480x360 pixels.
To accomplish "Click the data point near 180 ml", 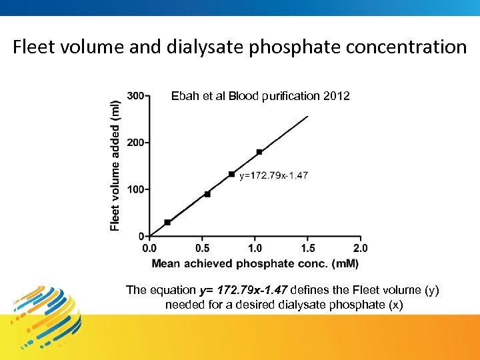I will click(x=259, y=152).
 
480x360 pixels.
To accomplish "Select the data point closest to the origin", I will click(x=167, y=222).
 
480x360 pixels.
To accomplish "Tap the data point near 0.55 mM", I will click(x=207, y=194).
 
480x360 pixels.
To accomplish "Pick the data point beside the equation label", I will click(x=231, y=175).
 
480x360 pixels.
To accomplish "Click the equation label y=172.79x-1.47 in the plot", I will click(x=273, y=175).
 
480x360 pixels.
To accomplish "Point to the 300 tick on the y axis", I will click(x=135, y=96).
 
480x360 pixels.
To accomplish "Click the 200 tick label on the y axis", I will click(x=135, y=143).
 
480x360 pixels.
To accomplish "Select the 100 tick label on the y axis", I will click(x=135, y=189).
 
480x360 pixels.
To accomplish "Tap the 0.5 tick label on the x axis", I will click(x=203, y=248).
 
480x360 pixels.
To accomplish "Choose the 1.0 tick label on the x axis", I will click(x=255, y=248).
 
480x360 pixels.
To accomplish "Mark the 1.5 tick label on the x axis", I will click(x=307, y=248).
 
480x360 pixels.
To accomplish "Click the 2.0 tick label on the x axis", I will click(x=360, y=248).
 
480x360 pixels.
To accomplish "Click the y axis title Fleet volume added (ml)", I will click(x=115, y=165).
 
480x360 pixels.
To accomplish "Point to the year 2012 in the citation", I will click(x=336, y=96).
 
